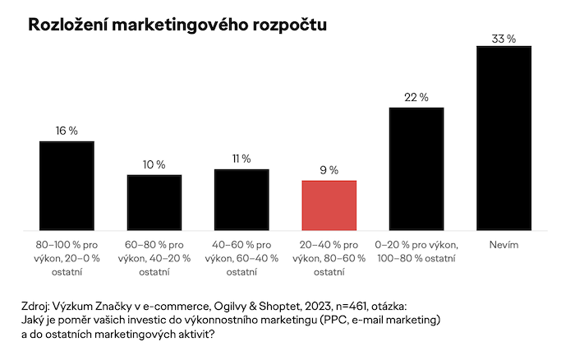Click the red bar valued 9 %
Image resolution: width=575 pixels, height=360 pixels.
click(x=329, y=205)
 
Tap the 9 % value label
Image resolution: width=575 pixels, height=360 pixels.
click(x=329, y=170)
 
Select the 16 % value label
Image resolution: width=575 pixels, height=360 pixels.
click(x=67, y=131)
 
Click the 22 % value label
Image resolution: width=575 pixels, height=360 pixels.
click(x=416, y=97)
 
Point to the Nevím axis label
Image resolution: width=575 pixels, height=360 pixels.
click(x=504, y=245)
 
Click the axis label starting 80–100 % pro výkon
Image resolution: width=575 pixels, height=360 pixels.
click(x=67, y=258)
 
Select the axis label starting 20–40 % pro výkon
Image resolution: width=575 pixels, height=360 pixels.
click(x=329, y=258)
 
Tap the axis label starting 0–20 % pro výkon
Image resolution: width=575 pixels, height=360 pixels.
click(x=416, y=252)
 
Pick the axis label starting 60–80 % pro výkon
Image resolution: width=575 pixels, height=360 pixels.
click(x=154, y=258)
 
